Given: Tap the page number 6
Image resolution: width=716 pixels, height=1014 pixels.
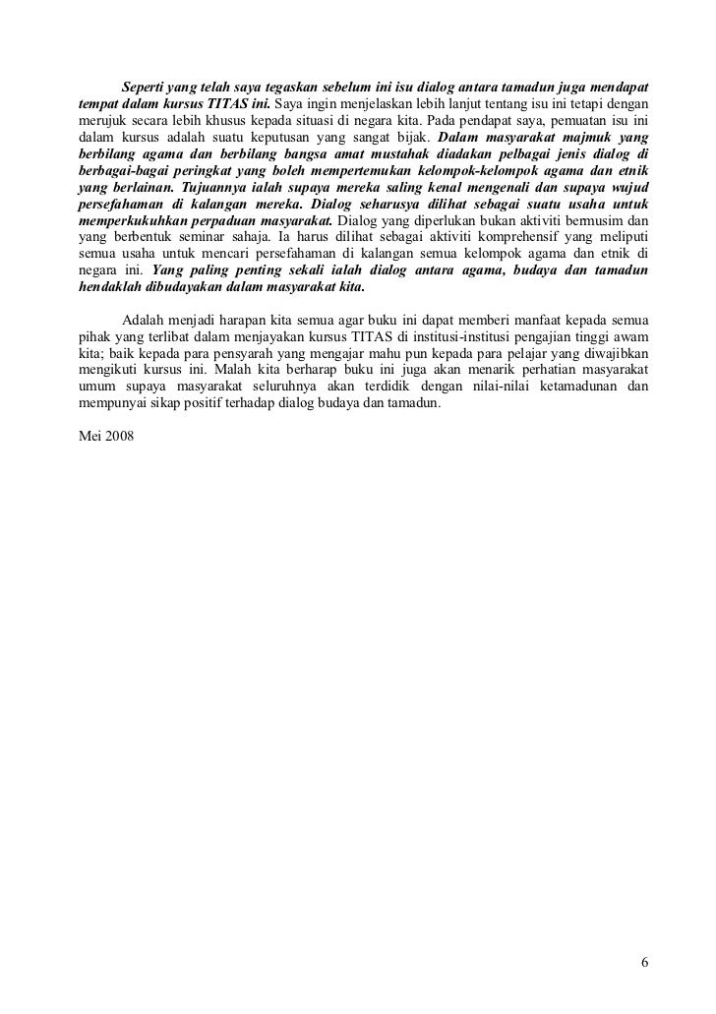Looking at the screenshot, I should pos(643,962).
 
